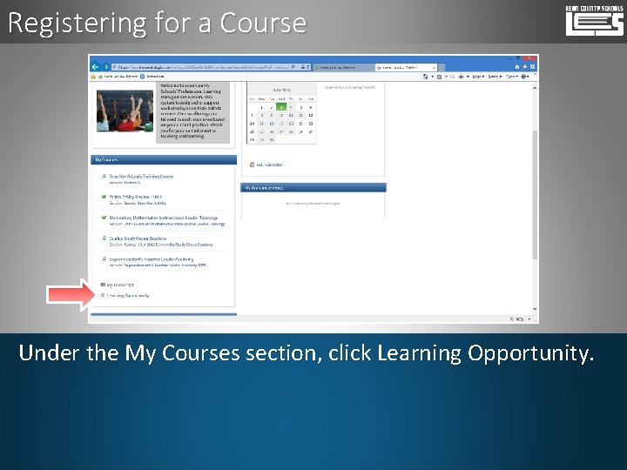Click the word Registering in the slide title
64,22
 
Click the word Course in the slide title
263,22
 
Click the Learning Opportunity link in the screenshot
127,295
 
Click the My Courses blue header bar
163,160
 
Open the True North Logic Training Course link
141,177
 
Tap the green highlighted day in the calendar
281,107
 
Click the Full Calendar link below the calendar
269,164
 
